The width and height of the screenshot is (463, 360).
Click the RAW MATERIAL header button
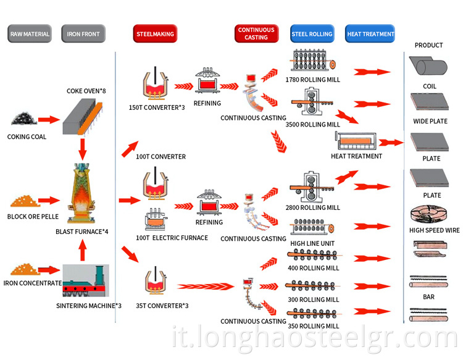click(x=30, y=35)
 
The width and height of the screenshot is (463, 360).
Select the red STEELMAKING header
click(x=154, y=35)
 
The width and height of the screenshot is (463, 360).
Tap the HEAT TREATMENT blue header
click(x=370, y=35)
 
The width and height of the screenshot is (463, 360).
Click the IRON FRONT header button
click(x=83, y=35)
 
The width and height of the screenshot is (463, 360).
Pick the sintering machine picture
click(x=86, y=281)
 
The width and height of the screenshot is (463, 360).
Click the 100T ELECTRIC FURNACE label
click(x=172, y=238)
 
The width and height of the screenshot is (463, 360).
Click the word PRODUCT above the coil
click(x=428, y=45)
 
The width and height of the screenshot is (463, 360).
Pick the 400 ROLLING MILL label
click(x=313, y=268)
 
